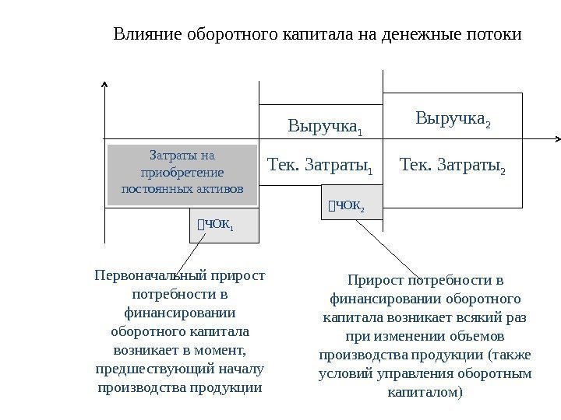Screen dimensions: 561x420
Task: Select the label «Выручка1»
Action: click(x=326, y=125)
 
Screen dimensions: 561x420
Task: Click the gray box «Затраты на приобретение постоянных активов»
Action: click(x=182, y=174)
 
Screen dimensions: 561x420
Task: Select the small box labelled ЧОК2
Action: click(x=351, y=206)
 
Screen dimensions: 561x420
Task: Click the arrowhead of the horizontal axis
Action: click(x=557, y=139)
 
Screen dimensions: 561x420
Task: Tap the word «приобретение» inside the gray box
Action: click(x=182, y=172)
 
